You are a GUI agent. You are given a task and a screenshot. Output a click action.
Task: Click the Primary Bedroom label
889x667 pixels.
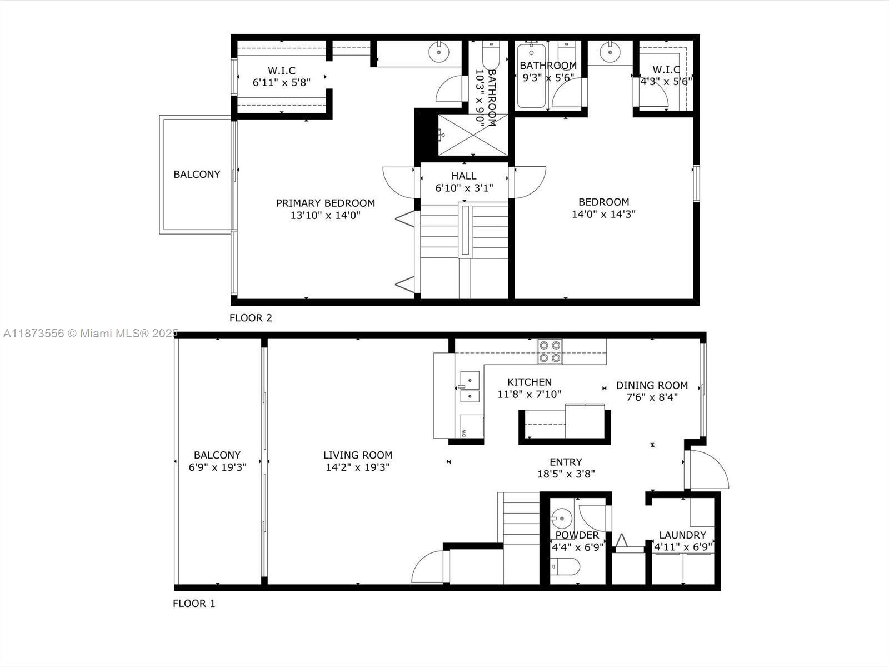click(x=325, y=203)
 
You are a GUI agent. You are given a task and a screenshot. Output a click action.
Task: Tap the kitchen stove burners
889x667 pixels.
click(x=550, y=352)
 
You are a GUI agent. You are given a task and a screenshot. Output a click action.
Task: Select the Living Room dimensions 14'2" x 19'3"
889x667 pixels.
click(x=357, y=467)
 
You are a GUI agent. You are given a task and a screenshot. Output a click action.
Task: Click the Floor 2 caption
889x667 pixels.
click(x=251, y=318)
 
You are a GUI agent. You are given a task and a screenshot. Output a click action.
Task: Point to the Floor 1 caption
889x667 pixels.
click(x=193, y=603)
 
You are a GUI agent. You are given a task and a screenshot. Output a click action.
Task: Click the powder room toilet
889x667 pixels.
click(x=565, y=567)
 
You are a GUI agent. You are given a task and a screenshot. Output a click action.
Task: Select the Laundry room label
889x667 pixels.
click(x=682, y=535)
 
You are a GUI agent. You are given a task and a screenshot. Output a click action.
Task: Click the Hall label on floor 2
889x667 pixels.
click(x=463, y=176)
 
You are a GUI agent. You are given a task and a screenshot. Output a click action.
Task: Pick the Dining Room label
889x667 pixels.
click(x=652, y=385)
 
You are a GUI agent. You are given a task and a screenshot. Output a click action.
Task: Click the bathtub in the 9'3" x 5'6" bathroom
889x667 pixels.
click(x=532, y=78)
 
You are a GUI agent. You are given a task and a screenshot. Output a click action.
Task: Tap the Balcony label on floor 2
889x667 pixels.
click(x=197, y=175)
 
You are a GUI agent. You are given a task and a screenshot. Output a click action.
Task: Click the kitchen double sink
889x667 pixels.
click(x=470, y=388)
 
